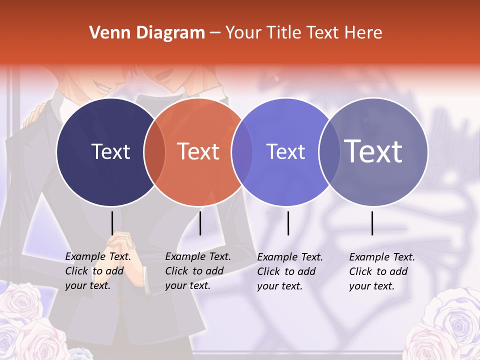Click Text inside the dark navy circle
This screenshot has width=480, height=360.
(x=110, y=151)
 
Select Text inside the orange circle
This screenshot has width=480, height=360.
(x=198, y=151)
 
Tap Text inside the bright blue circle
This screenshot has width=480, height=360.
(x=285, y=151)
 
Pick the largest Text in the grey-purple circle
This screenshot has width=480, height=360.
(x=373, y=151)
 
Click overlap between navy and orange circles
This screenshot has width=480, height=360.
(x=154, y=152)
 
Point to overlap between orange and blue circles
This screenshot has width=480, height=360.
(x=242, y=152)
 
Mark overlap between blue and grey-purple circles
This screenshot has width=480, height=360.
(x=329, y=152)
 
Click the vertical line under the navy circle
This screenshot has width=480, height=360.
(x=112, y=223)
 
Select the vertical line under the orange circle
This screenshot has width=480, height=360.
(x=200, y=223)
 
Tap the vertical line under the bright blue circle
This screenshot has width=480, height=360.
(x=288, y=223)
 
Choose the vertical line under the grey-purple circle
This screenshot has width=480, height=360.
(x=372, y=223)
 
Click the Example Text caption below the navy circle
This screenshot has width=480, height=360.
(x=98, y=271)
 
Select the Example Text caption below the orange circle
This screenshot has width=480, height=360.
(x=198, y=271)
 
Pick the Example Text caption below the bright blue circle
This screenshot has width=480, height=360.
(x=290, y=271)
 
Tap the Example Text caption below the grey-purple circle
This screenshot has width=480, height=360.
(x=382, y=271)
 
